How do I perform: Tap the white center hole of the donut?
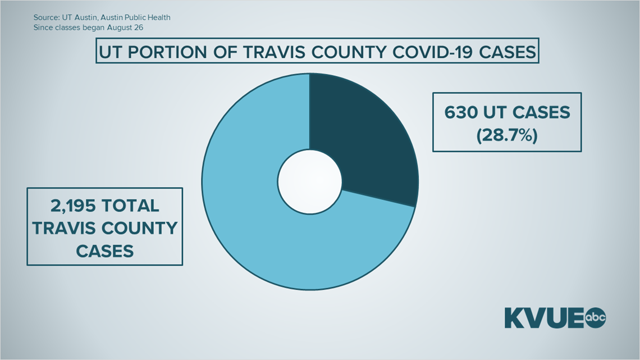(310, 181)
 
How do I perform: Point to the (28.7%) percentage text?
(507, 135)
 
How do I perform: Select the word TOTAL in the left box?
(131, 206)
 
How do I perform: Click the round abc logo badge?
(596, 317)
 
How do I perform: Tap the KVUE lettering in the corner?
(545, 317)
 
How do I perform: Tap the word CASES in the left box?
(105, 251)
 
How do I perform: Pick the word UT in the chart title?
(111, 52)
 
